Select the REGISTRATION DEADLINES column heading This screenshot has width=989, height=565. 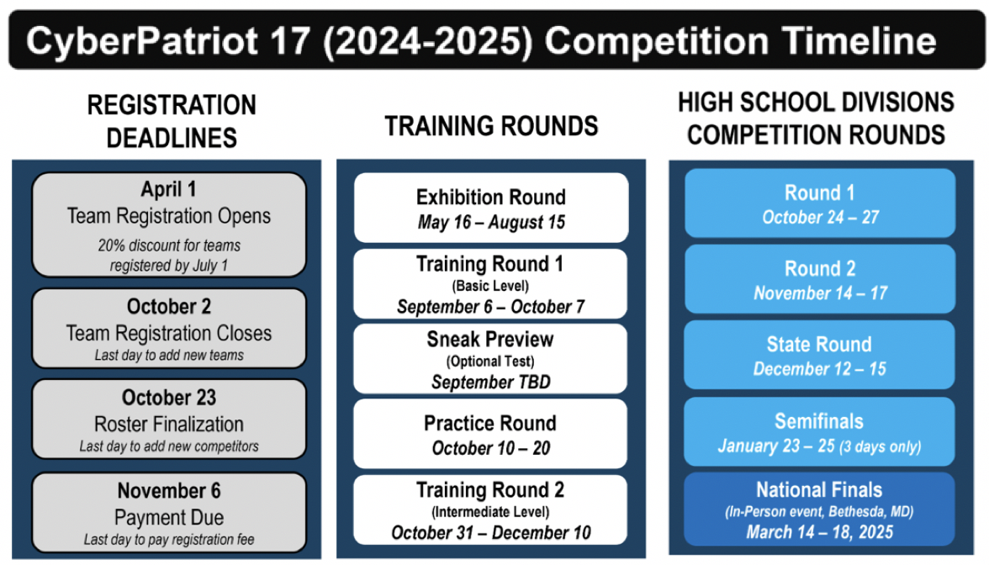pyautogui.click(x=172, y=121)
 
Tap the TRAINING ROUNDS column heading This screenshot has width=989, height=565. pyautogui.click(x=491, y=126)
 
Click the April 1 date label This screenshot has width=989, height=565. pyautogui.click(x=168, y=189)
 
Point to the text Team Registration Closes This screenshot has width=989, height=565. pyautogui.click(x=169, y=333)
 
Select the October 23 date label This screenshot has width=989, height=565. pyautogui.click(x=169, y=398)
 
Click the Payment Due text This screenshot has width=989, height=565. pyautogui.click(x=169, y=518)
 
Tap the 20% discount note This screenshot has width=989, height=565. pyautogui.click(x=169, y=256)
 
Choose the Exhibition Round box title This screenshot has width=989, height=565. pyautogui.click(x=491, y=198)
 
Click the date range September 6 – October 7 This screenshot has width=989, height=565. pyautogui.click(x=491, y=307)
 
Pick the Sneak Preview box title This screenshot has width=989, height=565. pyautogui.click(x=490, y=340)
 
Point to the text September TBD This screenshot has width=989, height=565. pyautogui.click(x=491, y=382)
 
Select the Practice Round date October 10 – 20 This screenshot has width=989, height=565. pyautogui.click(x=491, y=448)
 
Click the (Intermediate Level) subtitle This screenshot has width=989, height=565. pyautogui.click(x=490, y=511)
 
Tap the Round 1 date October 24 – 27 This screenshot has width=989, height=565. pyautogui.click(x=820, y=218)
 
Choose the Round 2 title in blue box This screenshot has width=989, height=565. pyautogui.click(x=820, y=269)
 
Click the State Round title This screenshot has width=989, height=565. pyautogui.click(x=819, y=345)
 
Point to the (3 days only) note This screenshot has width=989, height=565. pyautogui.click(x=880, y=447)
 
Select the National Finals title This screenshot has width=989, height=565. pyautogui.click(x=819, y=490)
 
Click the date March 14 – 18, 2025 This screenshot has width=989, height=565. pyautogui.click(x=819, y=532)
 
